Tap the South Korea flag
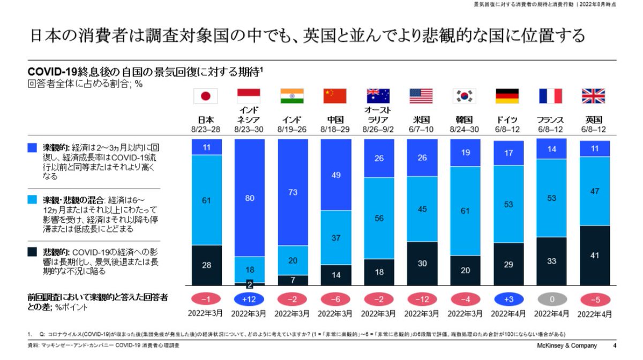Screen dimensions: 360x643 (465, 96)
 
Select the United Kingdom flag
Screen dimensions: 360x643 (594, 96)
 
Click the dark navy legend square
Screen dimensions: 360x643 (33, 251)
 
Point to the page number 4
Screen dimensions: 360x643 (615, 346)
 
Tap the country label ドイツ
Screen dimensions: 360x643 (507, 119)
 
